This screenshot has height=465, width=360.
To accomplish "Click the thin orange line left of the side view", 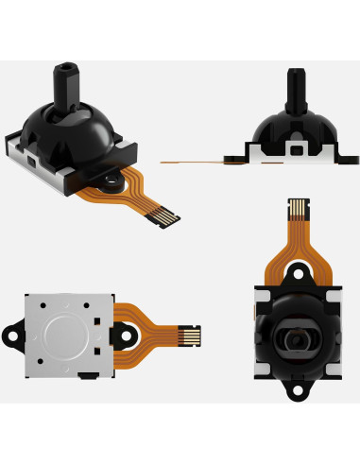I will tap(189, 163).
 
